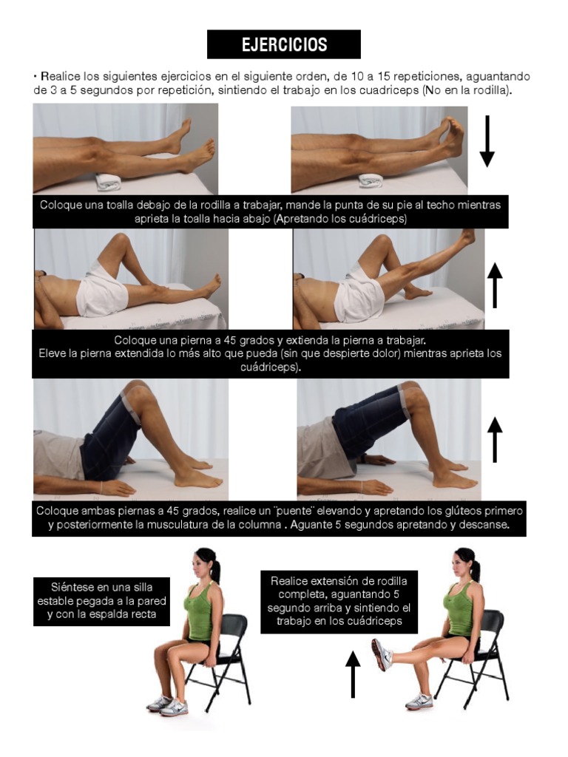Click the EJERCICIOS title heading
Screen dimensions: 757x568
coord(284,44)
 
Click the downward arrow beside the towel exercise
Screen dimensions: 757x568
coord(487,141)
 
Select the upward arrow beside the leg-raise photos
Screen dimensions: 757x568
coord(495,285)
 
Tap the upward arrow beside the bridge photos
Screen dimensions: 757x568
coord(495,439)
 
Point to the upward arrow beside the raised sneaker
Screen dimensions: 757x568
coord(353,673)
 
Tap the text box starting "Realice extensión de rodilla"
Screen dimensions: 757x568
coord(339,601)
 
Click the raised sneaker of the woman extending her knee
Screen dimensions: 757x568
coord(381,655)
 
